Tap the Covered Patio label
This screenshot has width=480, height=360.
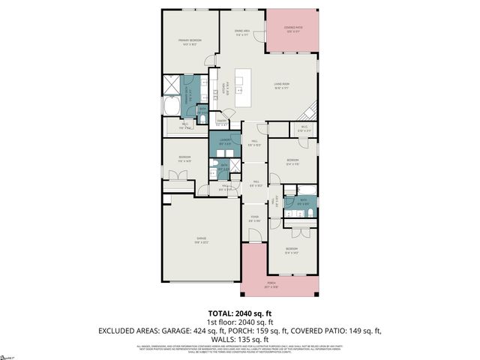[x=292, y=30]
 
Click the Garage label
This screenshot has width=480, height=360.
[x=201, y=241]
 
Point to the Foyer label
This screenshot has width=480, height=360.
[x=254, y=219]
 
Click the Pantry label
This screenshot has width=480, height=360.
[x=222, y=123]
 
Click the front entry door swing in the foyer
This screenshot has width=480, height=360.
[x=255, y=235]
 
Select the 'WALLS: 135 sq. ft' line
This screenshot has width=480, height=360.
[x=240, y=338]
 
